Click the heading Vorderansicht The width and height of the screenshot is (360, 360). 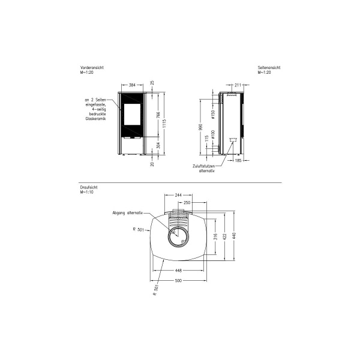tap(92, 68)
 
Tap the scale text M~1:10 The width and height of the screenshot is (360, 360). tap(88, 192)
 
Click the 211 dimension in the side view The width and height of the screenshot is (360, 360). tap(238, 85)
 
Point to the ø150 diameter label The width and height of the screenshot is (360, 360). tap(212, 114)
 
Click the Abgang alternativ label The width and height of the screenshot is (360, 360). tap(127, 213)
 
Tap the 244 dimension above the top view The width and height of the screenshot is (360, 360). tap(178, 196)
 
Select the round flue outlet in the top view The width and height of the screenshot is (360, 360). tap(178, 239)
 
